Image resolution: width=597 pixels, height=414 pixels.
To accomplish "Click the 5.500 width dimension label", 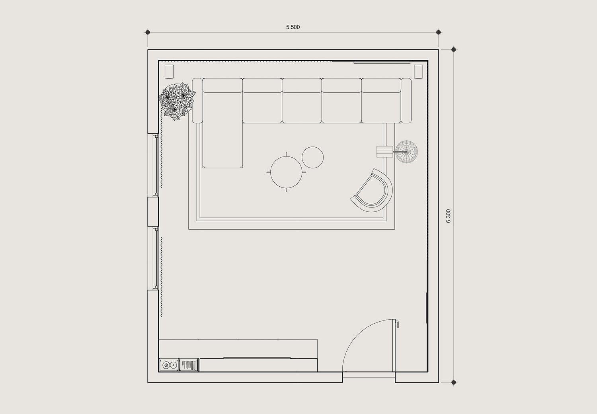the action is point(293,27).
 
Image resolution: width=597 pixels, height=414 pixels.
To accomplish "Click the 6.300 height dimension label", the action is point(448,216).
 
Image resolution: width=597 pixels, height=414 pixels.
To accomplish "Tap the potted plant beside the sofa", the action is point(177,101).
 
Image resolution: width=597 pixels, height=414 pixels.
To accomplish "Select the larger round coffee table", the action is point(286,172).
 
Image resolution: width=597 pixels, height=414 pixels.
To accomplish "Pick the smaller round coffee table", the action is point(312,157).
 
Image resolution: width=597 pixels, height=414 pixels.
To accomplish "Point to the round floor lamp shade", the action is point(406,152).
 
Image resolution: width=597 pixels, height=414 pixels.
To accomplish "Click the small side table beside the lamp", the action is point(384,152).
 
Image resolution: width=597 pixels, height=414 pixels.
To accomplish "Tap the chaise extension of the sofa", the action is point(222,144).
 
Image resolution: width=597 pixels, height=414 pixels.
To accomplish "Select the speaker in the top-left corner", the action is point(169,71).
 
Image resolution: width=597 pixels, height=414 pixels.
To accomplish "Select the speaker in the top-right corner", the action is point(418,71).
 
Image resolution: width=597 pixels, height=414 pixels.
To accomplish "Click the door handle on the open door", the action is point(397,324).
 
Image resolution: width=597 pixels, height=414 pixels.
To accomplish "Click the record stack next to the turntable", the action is point(189,365).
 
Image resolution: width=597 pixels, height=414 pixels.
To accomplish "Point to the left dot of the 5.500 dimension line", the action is point(148,32).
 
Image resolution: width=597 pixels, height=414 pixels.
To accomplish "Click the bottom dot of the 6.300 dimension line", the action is point(454,383).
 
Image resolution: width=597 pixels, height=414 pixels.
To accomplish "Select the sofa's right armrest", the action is point(406,100).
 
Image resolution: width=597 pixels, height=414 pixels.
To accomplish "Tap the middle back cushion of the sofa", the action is point(302,85).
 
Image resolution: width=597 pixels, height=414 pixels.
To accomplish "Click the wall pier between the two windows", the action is point(153,212).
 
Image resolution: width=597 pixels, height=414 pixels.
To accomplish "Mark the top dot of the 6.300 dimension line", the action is point(454,49).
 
